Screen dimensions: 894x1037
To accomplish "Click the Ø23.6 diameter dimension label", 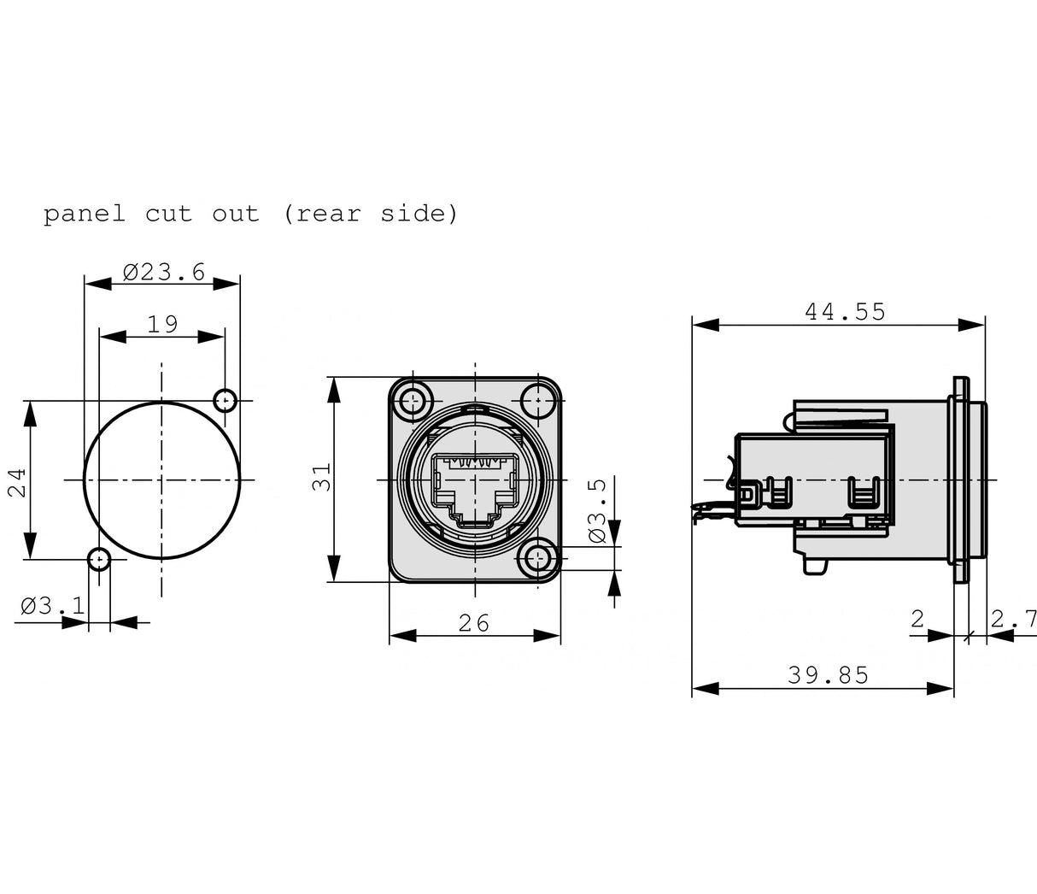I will [163, 273].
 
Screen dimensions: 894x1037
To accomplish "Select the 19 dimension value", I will [162, 325].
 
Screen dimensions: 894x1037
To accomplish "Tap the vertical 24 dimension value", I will [17, 481].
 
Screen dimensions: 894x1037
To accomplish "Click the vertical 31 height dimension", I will [320, 479].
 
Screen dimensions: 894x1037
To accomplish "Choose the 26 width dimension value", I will [474, 623].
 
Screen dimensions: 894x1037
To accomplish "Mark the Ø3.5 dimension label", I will [597, 511].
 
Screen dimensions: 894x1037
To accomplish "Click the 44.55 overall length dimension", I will [845, 312].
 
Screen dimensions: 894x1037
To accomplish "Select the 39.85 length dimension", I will [828, 676].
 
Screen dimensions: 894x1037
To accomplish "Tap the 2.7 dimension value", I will [1014, 618].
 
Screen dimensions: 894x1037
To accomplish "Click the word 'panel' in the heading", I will [84, 214].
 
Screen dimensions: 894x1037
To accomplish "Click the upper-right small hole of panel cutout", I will [226, 400].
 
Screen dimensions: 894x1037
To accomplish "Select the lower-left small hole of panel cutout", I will [99, 560].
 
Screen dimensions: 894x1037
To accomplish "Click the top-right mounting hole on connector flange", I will [537, 399].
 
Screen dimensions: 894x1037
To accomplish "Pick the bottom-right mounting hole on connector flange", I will [537, 560].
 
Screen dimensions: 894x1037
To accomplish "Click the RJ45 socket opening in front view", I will [475, 482].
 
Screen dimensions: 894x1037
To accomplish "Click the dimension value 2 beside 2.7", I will [917, 618].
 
